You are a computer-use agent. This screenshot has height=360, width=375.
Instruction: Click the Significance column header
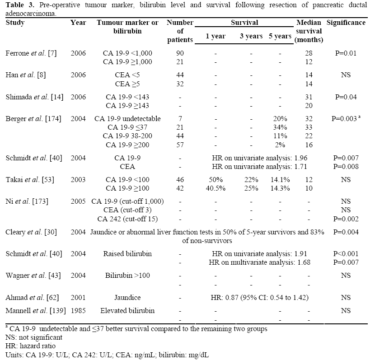pyautogui.click(x=346, y=23)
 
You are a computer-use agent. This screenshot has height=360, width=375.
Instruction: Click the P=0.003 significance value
pyautogui.click(x=344, y=119)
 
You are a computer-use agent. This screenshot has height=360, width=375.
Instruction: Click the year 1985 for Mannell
pyautogui.click(x=78, y=311)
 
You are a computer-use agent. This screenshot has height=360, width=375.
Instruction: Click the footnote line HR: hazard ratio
pyautogui.click(x=28, y=346)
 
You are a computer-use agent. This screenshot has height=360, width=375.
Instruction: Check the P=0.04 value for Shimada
pyautogui.click(x=346, y=97)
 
